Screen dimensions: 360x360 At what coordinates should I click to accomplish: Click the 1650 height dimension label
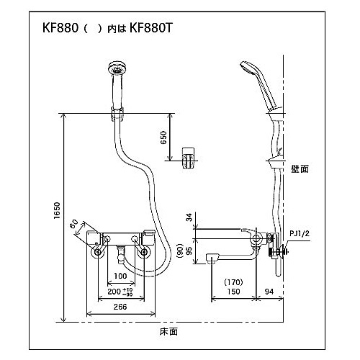tap(57, 210)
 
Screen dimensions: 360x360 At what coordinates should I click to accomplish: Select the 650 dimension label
tap(163, 138)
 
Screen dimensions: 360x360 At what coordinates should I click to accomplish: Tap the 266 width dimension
tap(120, 307)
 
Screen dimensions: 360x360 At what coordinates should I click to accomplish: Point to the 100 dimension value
tap(120, 276)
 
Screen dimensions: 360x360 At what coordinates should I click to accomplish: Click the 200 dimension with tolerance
tap(120, 292)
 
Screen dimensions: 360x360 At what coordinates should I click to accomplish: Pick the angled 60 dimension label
tap(75, 224)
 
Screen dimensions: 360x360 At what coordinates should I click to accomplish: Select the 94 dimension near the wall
tap(269, 292)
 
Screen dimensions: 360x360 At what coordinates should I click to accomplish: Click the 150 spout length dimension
tap(233, 292)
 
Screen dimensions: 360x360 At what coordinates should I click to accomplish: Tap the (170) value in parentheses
tap(233, 282)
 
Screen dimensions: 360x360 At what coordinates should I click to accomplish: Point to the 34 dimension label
tap(189, 217)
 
